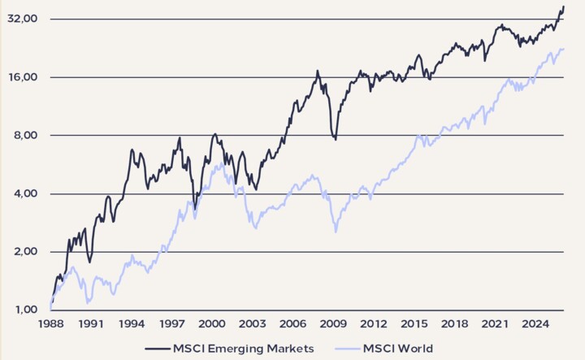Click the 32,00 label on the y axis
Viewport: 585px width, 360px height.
(22, 19)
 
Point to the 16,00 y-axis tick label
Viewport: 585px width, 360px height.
(22, 77)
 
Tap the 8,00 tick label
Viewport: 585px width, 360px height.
(24, 136)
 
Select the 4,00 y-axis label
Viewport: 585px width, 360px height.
(24, 194)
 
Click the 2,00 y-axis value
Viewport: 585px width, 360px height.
(24, 252)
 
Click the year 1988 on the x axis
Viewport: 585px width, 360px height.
(50, 323)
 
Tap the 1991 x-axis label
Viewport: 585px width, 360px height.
(91, 323)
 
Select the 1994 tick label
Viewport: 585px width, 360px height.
(132, 323)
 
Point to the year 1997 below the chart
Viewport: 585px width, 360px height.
(172, 323)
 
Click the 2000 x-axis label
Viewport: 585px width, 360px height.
(213, 323)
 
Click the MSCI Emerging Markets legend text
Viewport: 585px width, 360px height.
(243, 348)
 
